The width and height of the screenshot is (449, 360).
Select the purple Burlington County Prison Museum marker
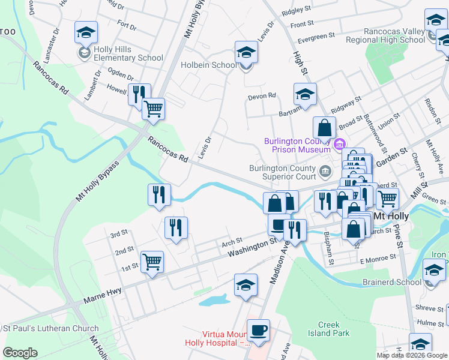pyautogui.click(x=339, y=144)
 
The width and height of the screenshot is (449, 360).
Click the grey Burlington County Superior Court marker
pyautogui.click(x=325, y=172)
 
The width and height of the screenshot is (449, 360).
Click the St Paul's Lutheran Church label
pyautogui.click(x=51, y=328)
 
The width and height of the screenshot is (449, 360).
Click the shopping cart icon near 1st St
pyautogui.click(x=152, y=262)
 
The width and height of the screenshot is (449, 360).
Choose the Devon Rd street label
pyautogui.click(x=262, y=95)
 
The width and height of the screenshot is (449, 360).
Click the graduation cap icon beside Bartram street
pyautogui.click(x=305, y=94)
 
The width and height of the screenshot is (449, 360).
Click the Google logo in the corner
pyautogui.click(x=20, y=353)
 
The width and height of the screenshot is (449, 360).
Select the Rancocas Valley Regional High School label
pyautogui.click(x=394, y=35)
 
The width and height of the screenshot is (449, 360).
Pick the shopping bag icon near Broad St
pyautogui.click(x=324, y=128)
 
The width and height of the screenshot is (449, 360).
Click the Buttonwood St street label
pyautogui.click(x=373, y=122)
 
